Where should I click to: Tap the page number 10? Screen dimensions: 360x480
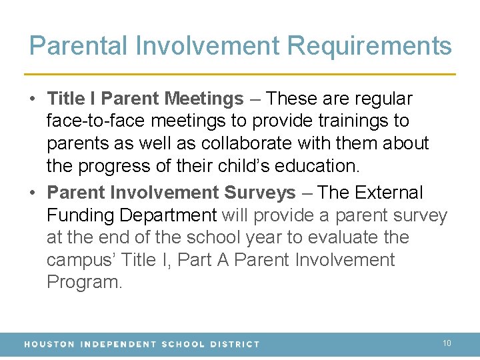[447, 343]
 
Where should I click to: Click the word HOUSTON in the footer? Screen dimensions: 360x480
[49, 344]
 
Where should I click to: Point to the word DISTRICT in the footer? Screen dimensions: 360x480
[233, 344]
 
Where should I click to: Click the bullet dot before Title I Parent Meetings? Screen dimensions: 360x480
[33, 99]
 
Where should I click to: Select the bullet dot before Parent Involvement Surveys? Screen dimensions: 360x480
[33, 193]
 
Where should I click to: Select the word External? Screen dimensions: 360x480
[389, 193]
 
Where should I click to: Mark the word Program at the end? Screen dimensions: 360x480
[84, 282]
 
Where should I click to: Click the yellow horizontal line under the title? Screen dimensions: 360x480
[240, 73]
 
